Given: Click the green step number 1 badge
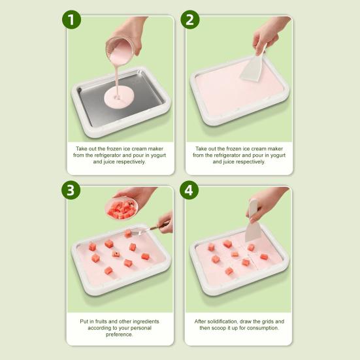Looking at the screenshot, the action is click(71, 20).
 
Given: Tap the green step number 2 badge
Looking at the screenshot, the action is click(190, 20).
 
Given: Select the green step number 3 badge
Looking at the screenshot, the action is click(71, 190).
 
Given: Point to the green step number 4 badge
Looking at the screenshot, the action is click(189, 190).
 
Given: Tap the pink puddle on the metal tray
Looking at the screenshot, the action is click(119, 98).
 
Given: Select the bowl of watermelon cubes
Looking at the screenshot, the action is click(122, 208).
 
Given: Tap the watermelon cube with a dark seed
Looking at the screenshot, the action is click(116, 254).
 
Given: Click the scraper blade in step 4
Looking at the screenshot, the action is click(253, 232).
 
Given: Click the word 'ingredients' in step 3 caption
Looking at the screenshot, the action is click(146, 321).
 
